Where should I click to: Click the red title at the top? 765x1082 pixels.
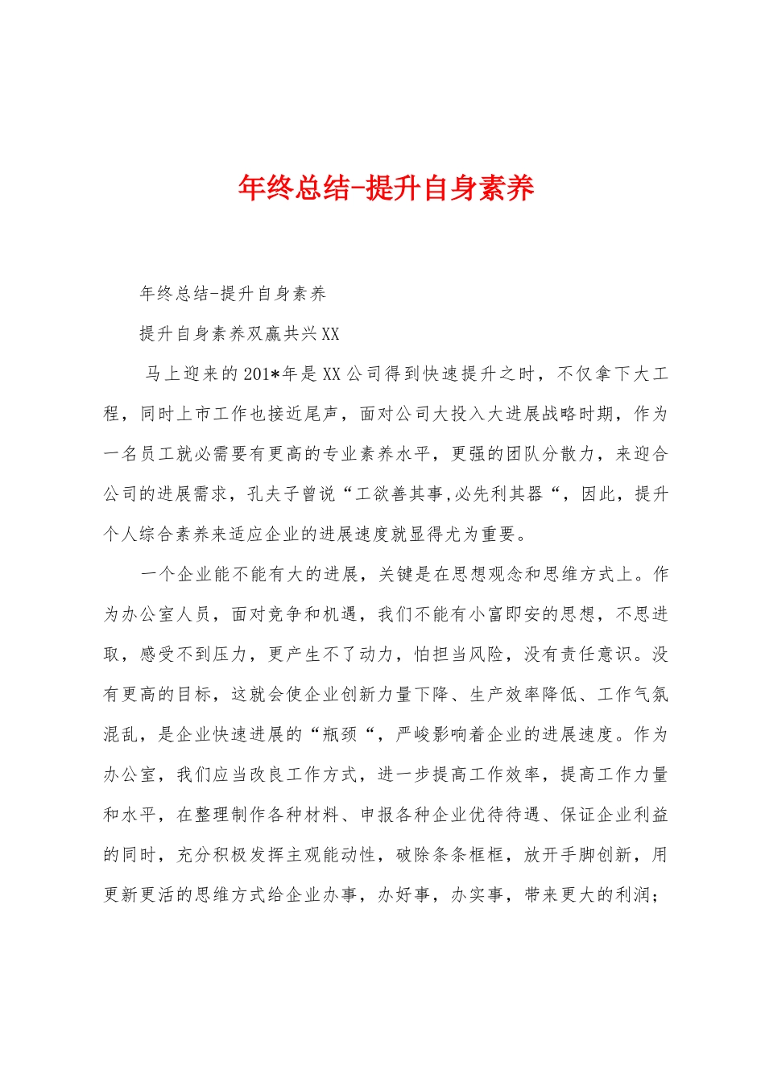coord(386,188)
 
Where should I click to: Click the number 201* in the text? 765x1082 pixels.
coord(261,374)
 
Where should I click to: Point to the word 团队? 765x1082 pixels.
coord(523,455)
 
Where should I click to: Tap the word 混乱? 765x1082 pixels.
coord(122,735)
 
